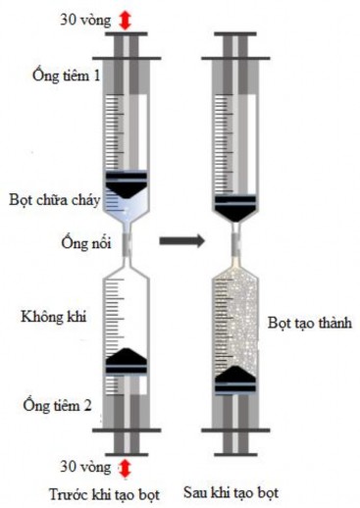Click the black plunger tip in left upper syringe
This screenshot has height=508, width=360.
click(x=126, y=183)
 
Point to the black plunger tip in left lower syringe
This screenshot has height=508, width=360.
click(x=126, y=361)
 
